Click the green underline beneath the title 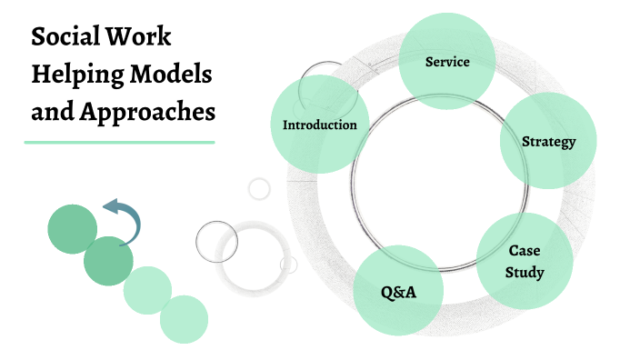click(x=119, y=142)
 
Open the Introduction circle click(x=319, y=125)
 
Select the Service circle click(x=447, y=62)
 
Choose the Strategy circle click(x=548, y=141)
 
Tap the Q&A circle click(x=397, y=293)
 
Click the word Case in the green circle click(x=525, y=249)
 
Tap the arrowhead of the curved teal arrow click(x=110, y=208)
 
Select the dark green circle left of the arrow click(x=72, y=229)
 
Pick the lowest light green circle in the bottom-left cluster click(x=185, y=320)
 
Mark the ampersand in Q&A click(x=398, y=293)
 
